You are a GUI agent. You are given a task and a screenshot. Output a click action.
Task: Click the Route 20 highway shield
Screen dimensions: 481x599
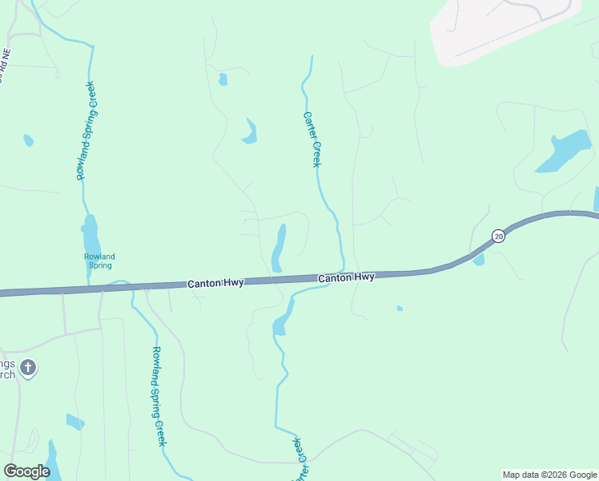(x=498, y=236)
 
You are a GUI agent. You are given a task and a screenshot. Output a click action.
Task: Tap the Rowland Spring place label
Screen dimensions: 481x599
(x=99, y=261)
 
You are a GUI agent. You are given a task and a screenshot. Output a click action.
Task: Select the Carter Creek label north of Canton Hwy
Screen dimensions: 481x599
(x=312, y=139)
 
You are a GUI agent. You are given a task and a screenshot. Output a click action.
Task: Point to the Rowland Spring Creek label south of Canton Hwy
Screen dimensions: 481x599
(x=159, y=396)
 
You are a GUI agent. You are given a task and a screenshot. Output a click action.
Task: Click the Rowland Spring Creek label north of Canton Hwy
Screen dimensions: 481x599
(x=86, y=130)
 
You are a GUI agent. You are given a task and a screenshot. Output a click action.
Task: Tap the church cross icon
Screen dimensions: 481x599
(x=27, y=369)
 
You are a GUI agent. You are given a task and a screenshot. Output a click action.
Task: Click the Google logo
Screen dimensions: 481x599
(x=26, y=471)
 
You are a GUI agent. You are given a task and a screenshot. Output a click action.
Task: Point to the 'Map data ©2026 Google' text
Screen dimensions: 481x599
(x=549, y=475)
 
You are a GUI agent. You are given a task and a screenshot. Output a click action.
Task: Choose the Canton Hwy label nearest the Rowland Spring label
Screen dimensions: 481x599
(x=215, y=283)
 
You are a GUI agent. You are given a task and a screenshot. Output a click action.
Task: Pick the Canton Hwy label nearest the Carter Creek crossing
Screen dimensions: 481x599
(x=346, y=277)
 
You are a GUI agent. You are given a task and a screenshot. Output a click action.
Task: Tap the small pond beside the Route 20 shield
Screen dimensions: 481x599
(x=479, y=260)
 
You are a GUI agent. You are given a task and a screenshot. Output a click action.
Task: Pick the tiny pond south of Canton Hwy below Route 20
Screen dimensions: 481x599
(x=400, y=308)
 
